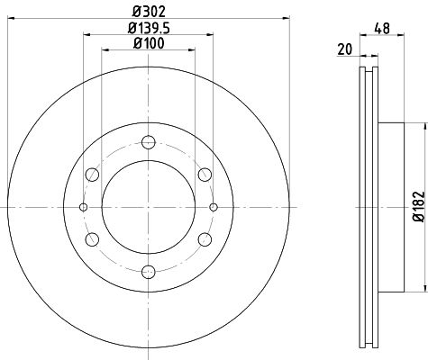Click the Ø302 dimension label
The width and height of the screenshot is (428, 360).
tap(149, 12)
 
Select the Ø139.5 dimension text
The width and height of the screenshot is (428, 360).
tap(149, 28)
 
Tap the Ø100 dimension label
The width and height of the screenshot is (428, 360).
tap(149, 43)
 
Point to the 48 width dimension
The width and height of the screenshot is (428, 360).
tap(382, 29)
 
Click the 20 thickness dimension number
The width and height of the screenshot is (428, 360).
tap(344, 49)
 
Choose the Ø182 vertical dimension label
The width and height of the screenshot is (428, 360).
tap(419, 207)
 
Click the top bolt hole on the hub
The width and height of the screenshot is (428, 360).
tap(149, 142)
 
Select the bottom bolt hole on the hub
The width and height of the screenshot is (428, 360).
tap(149, 272)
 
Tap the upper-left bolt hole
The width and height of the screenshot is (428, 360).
tap(92, 175)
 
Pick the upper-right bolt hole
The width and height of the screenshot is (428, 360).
tap(205, 175)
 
